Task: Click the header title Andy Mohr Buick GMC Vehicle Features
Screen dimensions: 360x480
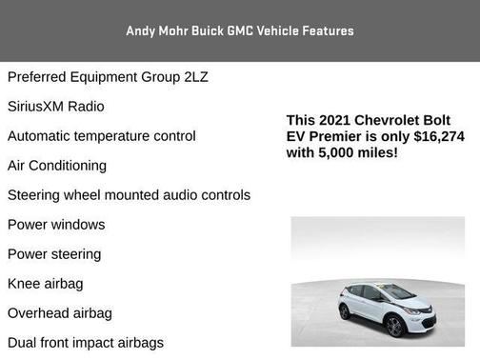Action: (x=240, y=30)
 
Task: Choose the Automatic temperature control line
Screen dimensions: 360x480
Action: (x=102, y=136)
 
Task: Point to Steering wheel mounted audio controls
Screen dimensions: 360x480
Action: (x=129, y=195)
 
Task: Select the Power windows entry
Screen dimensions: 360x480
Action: (x=56, y=225)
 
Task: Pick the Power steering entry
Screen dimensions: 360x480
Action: (x=54, y=254)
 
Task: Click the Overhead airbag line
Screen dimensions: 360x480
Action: (x=60, y=313)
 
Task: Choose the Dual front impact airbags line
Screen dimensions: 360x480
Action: (x=86, y=343)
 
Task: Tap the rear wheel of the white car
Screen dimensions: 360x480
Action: (x=348, y=313)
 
